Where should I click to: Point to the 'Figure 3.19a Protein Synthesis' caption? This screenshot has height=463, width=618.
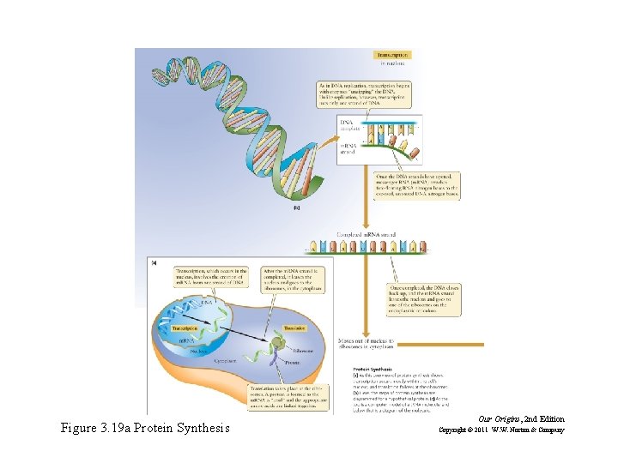click(145, 427)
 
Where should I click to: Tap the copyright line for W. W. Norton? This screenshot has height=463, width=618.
click(502, 430)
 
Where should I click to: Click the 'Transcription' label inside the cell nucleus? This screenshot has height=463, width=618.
click(185, 328)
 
